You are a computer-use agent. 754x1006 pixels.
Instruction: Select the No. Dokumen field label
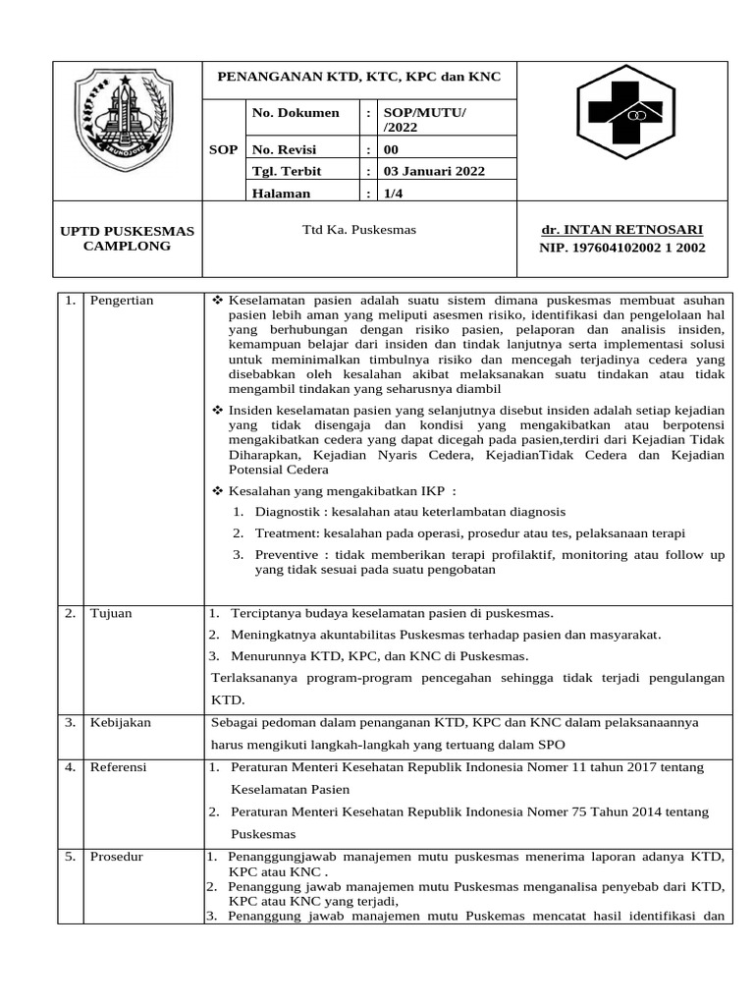pos(296,113)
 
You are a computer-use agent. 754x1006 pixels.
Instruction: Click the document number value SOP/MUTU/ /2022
pos(424,120)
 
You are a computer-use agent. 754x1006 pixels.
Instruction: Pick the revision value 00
pos(391,149)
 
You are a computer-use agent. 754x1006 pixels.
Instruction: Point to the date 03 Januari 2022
pos(433,171)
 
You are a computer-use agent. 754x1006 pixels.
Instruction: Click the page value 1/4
pos(393,194)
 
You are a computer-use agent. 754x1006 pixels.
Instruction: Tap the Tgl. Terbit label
pos(289,171)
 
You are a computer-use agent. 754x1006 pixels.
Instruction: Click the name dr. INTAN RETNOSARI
pos(621,230)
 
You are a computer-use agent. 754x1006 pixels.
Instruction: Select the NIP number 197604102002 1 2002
pos(621,249)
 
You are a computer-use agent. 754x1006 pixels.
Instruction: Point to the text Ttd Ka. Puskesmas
pos(359,230)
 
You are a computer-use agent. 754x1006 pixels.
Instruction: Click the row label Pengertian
pos(121,300)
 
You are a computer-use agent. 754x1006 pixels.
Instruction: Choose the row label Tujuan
pos(110,613)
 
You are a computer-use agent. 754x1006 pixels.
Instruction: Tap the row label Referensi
pos(118,767)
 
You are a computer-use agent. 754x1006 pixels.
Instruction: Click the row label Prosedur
pos(116,857)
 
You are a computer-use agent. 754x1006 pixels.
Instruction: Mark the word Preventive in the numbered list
pos(291,555)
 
